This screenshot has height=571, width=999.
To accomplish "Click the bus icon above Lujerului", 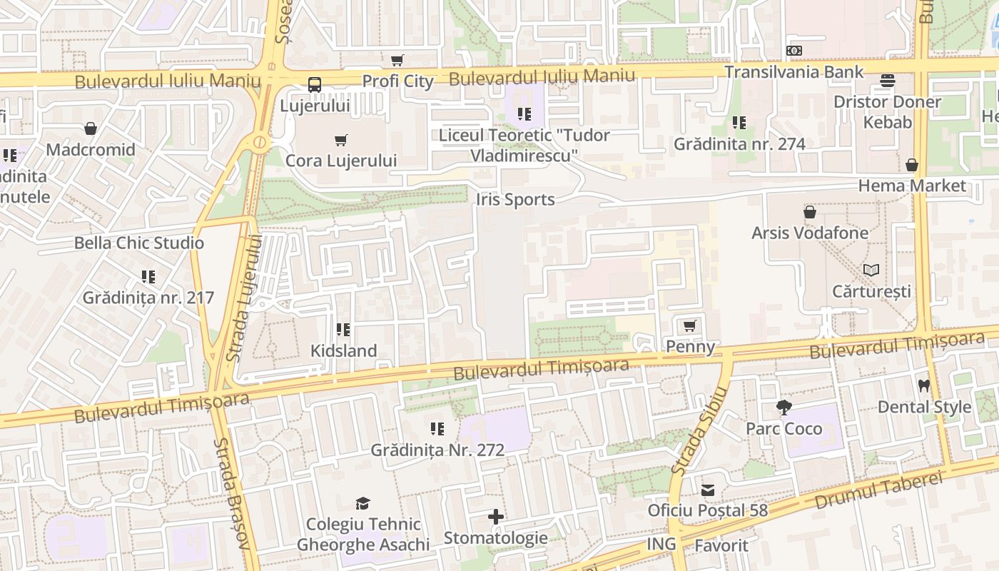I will click(315, 85).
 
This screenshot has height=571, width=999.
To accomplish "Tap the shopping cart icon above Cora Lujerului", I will click(341, 141).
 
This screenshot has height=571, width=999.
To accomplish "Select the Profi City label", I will click(397, 81).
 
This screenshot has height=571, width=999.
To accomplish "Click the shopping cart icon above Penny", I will click(689, 326).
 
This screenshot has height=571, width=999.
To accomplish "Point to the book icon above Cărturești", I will click(871, 271).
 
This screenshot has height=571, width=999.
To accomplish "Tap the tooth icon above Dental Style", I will click(924, 386).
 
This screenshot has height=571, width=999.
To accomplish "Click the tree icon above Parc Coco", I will click(784, 408).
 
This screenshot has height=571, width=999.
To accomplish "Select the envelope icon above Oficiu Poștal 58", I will click(708, 490).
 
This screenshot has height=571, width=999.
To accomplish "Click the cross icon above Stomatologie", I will click(496, 517).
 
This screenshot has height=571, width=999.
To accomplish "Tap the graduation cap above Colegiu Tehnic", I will click(363, 504).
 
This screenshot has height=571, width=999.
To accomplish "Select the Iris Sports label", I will click(515, 200).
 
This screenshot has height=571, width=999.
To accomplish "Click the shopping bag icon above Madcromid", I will click(91, 128).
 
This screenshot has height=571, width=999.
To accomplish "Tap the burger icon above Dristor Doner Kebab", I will click(888, 81).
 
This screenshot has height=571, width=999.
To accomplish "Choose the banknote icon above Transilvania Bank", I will click(794, 51).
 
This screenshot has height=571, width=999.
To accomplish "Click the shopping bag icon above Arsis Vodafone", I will click(810, 212).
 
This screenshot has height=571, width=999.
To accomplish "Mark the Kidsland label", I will click(343, 350).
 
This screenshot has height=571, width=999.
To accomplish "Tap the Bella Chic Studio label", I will click(139, 243).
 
